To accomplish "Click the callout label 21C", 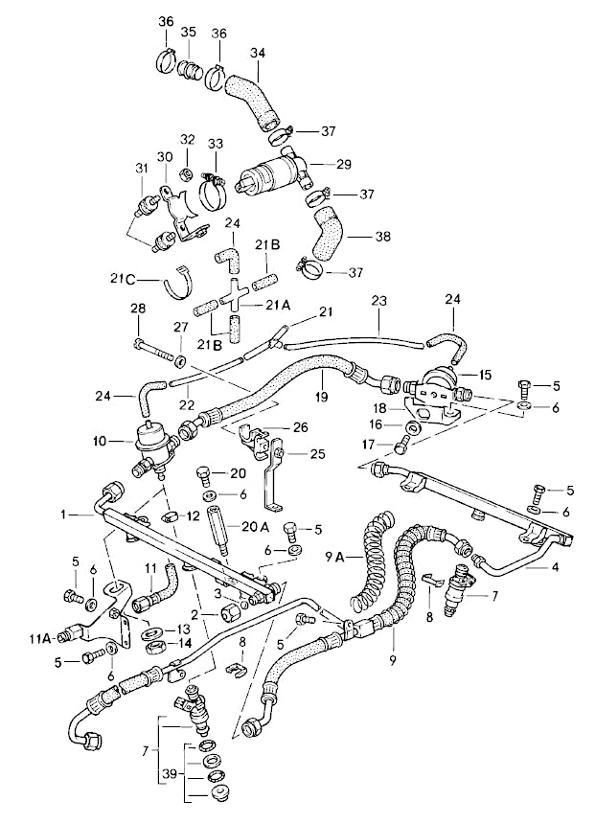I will point(123,279).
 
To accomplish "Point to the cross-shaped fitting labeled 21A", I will point(234,301).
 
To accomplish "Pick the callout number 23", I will point(378,300).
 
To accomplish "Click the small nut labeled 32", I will point(187,173).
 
